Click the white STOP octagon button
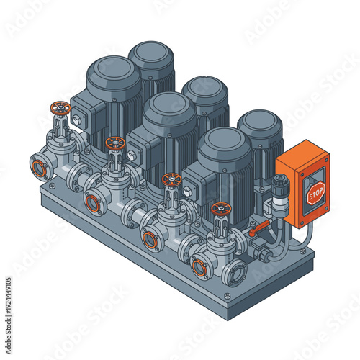pos(315,193)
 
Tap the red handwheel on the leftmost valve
pos(60,109)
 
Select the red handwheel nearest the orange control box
pos(221,210)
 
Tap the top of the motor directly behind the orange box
pos(260,123)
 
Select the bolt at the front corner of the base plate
pos(228,296)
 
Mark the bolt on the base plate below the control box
pos(302,251)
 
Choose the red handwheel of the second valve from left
pos(114,143)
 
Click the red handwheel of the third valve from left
pos(171,179)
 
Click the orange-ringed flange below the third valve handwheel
pos(150,240)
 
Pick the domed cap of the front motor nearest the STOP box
pos(225,143)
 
